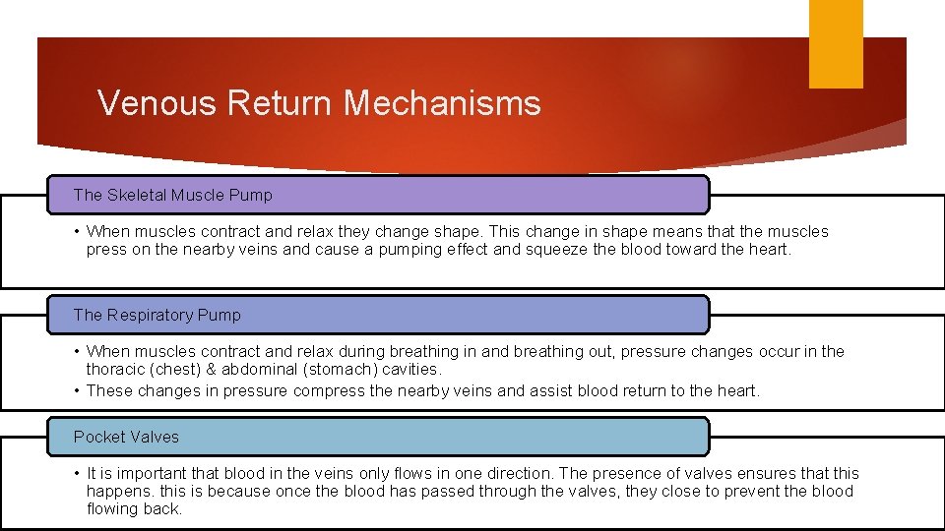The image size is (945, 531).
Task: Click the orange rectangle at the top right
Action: [x=836, y=43]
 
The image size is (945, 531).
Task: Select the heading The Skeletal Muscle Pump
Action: [x=173, y=195]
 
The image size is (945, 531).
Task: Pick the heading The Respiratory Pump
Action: [x=157, y=315]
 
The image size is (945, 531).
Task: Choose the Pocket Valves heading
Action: [x=127, y=437]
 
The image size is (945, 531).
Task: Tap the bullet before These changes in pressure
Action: [x=77, y=391]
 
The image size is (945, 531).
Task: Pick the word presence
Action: [x=629, y=473]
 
